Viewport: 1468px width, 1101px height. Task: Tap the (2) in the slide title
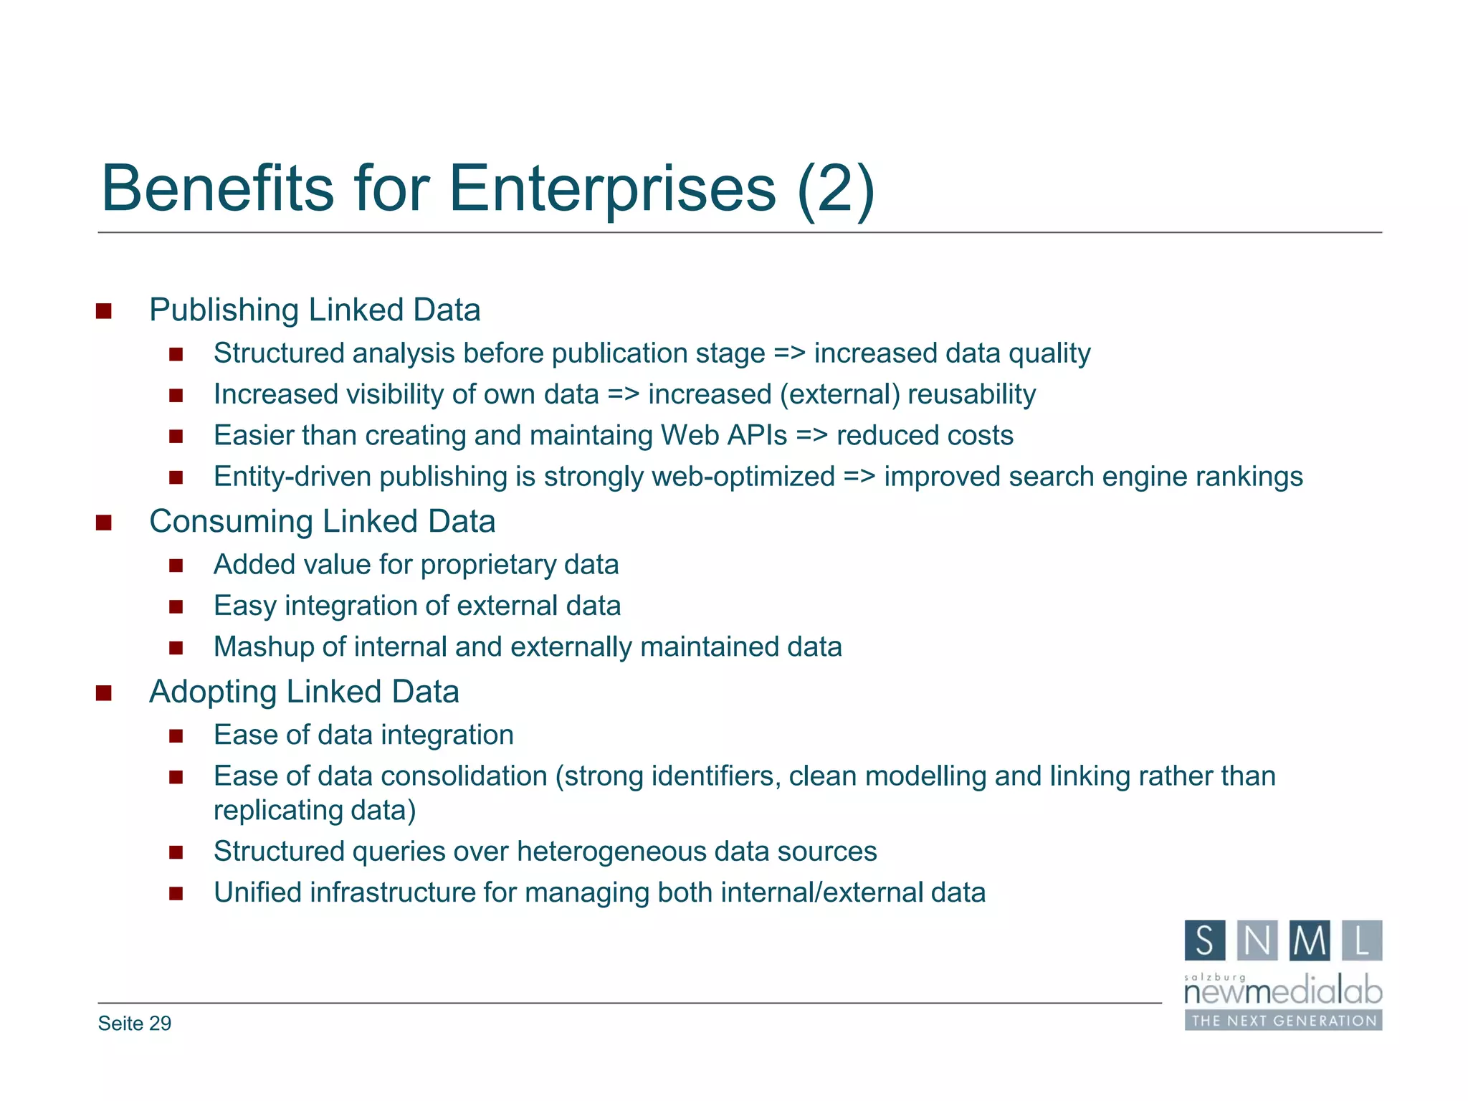click(x=835, y=189)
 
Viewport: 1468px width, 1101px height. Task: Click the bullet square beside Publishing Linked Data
click(x=104, y=311)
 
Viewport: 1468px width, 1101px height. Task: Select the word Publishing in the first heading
click(x=224, y=311)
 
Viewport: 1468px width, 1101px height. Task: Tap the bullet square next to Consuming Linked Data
click(x=104, y=523)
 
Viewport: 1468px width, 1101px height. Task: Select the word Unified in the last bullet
click(x=257, y=893)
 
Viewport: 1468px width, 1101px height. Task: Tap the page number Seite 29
click(x=135, y=1024)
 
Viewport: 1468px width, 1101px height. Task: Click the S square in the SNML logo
click(x=1205, y=940)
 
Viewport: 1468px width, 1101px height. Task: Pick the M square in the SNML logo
click(x=1310, y=940)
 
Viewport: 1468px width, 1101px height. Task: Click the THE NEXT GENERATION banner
click(x=1283, y=1021)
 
